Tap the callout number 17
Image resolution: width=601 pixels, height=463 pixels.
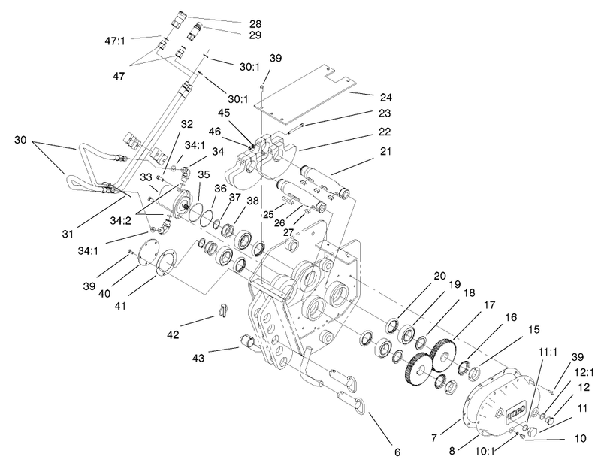tap(490, 305)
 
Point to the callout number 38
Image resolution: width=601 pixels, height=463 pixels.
tap(253, 201)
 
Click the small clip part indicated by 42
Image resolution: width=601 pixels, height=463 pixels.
tap(223, 310)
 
